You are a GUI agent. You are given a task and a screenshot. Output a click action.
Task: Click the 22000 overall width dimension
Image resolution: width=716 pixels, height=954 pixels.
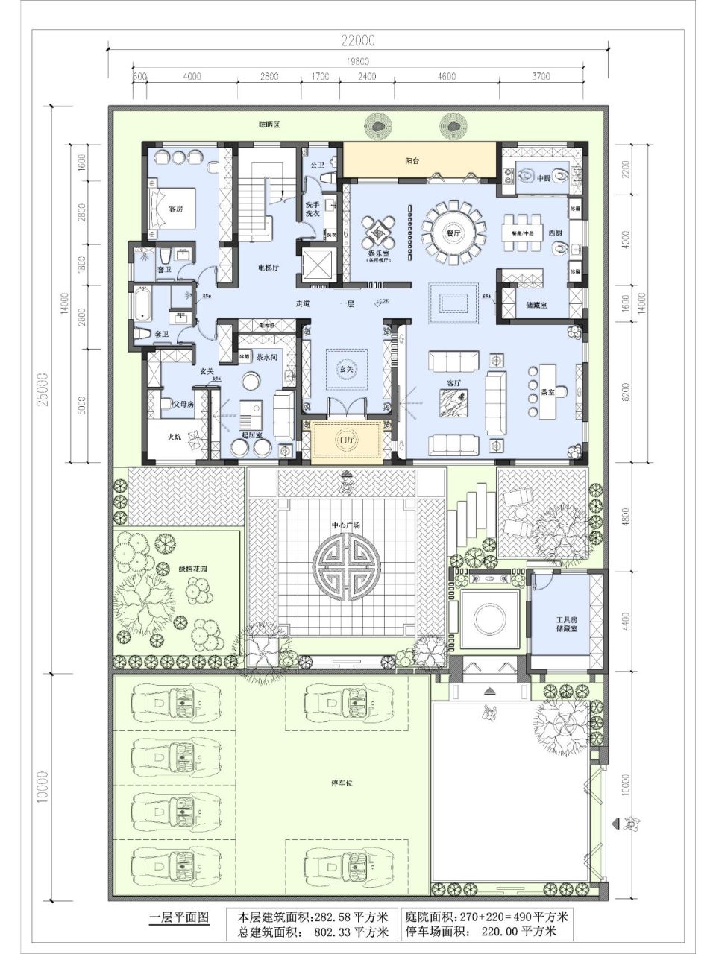(x=358, y=40)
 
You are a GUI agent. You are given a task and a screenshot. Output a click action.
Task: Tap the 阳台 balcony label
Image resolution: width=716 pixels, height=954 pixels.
(x=414, y=160)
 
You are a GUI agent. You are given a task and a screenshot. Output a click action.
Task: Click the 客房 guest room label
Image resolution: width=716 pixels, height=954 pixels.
(x=175, y=209)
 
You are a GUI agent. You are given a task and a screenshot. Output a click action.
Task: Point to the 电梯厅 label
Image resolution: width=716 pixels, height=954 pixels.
(x=268, y=268)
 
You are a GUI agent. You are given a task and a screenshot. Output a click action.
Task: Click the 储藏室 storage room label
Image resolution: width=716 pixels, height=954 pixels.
(x=537, y=305)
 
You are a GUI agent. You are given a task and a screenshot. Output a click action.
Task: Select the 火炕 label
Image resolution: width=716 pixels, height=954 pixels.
(x=174, y=437)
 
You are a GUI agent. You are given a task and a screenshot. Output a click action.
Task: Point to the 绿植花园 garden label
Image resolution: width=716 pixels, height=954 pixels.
(x=192, y=569)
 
